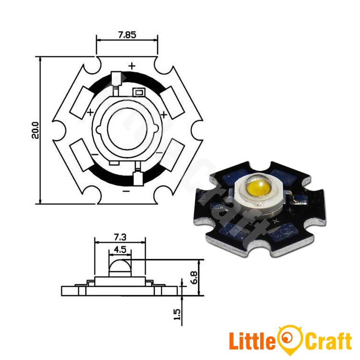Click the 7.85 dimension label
pyautogui.click(x=127, y=35)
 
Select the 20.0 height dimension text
pyautogui.click(x=35, y=130)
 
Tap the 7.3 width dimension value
pyautogui.click(x=120, y=237)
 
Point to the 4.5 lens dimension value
pyautogui.click(x=120, y=250)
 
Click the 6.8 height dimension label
pyautogui.click(x=194, y=277)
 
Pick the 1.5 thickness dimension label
pyautogui.click(x=177, y=314)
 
